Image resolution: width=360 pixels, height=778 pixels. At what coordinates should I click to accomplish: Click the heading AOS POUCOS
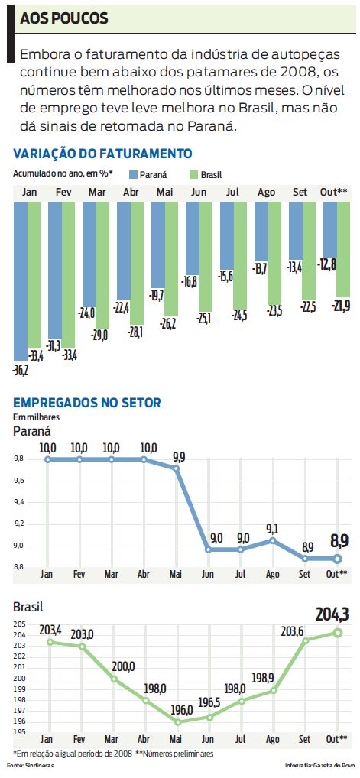pyautogui.click(x=64, y=18)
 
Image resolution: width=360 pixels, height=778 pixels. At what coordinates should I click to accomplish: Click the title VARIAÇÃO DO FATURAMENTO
pyautogui.click(x=102, y=154)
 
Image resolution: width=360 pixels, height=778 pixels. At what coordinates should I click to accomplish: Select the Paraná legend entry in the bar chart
pyautogui.click(x=150, y=175)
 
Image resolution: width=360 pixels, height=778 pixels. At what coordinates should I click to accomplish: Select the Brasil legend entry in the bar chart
pyautogui.click(x=204, y=175)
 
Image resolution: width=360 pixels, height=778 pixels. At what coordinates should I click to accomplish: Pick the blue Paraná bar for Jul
pyautogui.click(x=226, y=236)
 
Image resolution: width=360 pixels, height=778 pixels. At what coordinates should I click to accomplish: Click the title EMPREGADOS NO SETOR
pyautogui.click(x=87, y=403)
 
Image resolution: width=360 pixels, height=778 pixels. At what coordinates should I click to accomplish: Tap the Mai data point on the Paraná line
pyautogui.click(x=177, y=468)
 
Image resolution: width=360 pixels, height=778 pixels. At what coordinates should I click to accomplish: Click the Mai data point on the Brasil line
pyautogui.click(x=177, y=721)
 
